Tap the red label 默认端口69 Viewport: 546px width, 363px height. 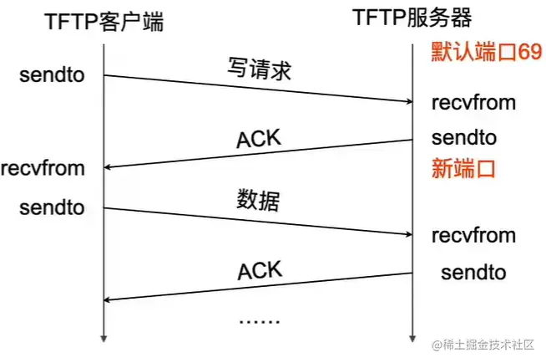487,52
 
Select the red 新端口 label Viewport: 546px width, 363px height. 464,168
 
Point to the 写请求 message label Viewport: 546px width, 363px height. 259,69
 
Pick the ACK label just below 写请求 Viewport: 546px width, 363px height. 259,139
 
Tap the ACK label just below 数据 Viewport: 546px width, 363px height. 260,270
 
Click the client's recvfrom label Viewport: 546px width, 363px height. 43,168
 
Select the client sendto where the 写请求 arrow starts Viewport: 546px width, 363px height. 52,76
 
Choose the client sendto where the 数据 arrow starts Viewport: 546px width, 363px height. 52,207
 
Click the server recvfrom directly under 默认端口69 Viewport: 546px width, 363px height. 473,103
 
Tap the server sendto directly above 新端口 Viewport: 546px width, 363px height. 464,136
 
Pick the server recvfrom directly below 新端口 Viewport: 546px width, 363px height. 473,235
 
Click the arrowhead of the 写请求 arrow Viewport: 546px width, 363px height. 408,103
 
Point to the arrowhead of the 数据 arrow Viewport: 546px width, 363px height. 408,233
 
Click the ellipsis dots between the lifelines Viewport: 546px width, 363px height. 259,320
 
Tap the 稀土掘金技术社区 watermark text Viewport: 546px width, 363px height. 488,345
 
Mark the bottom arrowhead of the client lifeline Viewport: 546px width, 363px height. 104,338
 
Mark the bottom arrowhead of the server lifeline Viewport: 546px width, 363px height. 412,338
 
